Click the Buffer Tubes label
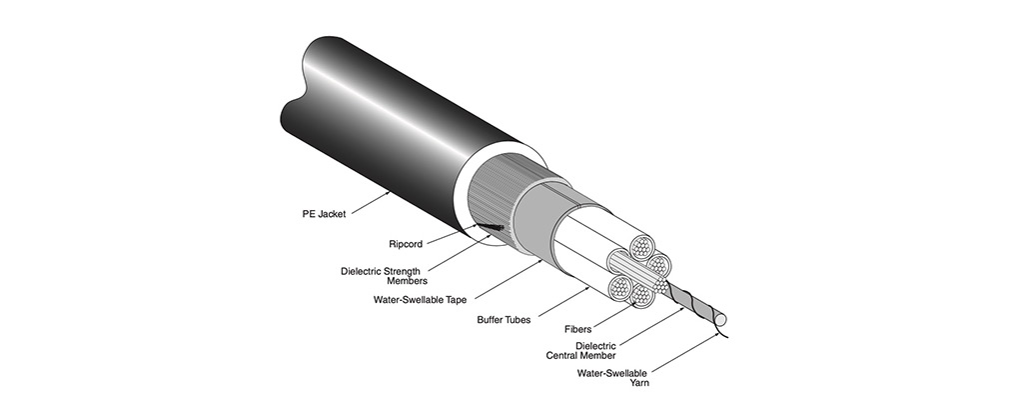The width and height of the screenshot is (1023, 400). (505, 321)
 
